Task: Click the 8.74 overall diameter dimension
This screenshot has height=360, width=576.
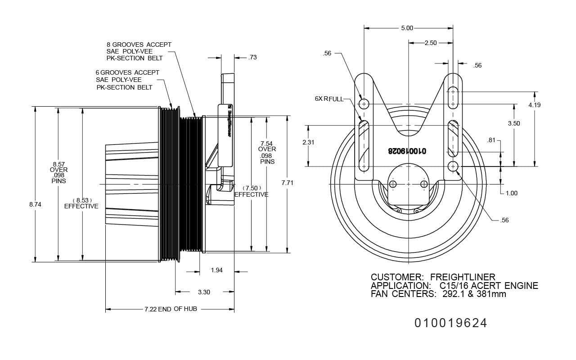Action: point(35,204)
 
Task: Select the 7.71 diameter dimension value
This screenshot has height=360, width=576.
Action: point(288,183)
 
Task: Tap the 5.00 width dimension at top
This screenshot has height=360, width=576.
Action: point(407,28)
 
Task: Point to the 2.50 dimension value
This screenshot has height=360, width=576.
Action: point(430,43)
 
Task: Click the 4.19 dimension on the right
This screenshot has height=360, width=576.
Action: point(535,105)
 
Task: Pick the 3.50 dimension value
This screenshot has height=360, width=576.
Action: point(514,123)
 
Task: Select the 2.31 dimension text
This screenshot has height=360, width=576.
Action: point(308,142)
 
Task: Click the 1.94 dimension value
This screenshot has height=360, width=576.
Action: point(217,270)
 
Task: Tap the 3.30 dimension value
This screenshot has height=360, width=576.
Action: point(204,292)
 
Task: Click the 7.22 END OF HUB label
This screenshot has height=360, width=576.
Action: point(171,309)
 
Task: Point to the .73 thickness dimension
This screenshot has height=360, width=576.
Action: point(252,58)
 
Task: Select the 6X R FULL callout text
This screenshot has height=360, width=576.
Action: point(329,99)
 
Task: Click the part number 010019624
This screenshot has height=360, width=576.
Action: point(450,323)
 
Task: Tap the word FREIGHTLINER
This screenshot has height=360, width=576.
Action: point(463,277)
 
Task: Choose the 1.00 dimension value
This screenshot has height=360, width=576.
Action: point(511,193)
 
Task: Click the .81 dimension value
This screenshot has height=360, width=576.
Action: point(491,140)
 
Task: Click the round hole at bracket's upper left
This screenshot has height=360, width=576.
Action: point(364,104)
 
